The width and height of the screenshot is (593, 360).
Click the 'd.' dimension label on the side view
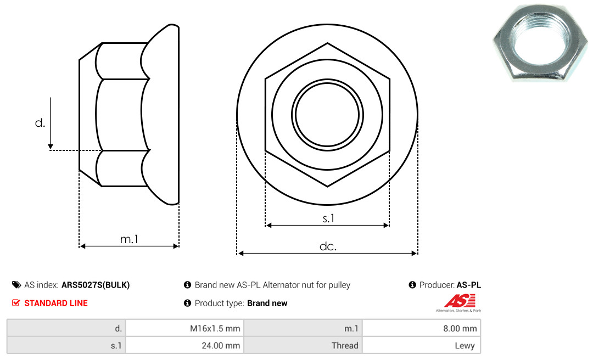40,123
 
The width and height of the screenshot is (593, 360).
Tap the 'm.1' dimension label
130,239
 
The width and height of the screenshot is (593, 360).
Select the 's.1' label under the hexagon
328,218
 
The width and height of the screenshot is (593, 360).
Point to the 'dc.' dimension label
328,246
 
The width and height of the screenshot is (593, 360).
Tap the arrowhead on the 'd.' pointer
51,147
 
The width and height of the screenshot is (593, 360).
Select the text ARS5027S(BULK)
96,285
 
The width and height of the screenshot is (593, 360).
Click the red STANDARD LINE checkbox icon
16,303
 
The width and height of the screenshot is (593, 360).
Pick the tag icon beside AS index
16,285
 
